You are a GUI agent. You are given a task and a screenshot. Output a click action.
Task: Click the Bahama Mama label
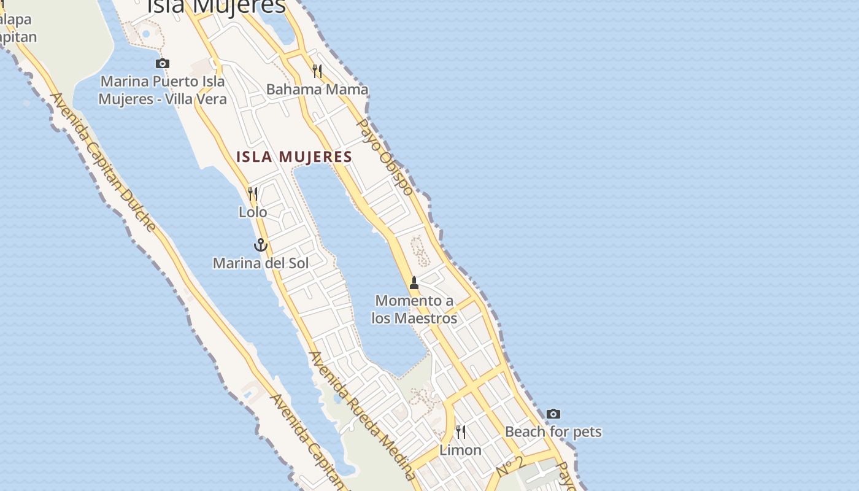317,90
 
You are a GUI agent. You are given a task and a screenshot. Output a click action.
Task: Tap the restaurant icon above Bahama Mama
317,71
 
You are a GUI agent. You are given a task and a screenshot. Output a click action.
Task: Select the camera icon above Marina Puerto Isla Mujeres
163,63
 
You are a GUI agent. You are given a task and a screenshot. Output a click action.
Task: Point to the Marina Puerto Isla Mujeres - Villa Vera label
163,90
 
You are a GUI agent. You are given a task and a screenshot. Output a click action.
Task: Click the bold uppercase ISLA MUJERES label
295,157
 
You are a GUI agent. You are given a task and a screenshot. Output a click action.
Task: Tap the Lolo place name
253,212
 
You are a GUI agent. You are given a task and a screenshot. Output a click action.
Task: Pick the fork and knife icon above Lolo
253,194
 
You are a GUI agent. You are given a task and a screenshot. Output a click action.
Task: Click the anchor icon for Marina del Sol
261,245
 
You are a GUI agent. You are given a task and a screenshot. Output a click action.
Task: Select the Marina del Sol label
261,263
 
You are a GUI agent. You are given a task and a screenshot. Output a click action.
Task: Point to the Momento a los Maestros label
414,309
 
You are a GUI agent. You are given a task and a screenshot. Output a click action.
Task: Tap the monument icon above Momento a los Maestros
414,283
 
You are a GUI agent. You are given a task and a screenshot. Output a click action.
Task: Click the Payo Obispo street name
385,157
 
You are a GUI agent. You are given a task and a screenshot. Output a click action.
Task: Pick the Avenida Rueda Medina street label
362,415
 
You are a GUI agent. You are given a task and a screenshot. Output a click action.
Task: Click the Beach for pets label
553,432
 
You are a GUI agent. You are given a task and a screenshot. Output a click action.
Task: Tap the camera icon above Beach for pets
553,414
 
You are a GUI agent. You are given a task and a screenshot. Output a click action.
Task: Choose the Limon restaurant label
460,450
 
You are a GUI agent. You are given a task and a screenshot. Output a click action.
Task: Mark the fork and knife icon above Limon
460,432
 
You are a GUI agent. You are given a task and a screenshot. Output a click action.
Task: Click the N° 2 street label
509,466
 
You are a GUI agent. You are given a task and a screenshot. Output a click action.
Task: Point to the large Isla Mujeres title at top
217,6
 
